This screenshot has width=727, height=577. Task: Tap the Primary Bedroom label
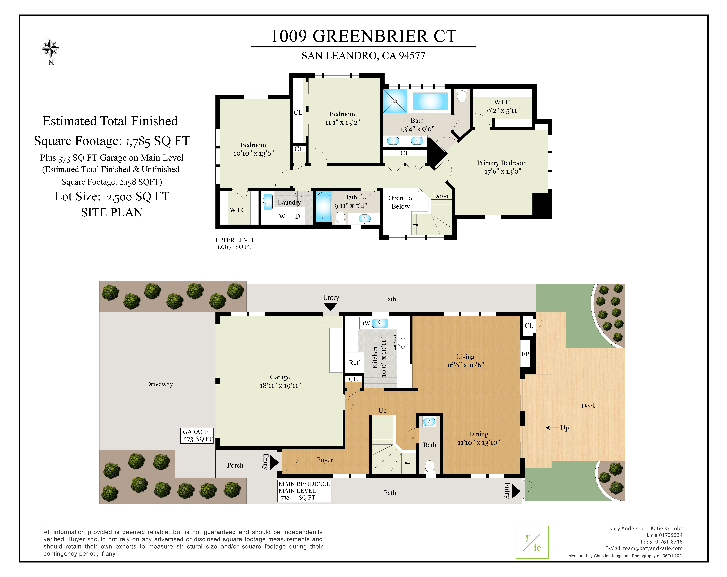tap(502, 163)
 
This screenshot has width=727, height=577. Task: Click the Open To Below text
tap(400, 202)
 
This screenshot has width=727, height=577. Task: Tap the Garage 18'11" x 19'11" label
tap(280, 381)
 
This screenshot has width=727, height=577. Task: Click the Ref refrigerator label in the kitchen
tap(354, 363)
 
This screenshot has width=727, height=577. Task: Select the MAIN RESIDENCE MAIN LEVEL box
tap(304, 491)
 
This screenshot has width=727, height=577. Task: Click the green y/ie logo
tap(532, 542)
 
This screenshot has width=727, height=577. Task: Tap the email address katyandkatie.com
tap(652, 548)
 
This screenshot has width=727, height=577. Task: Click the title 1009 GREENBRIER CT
tap(363, 36)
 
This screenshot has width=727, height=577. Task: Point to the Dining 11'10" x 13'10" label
tap(479, 438)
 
